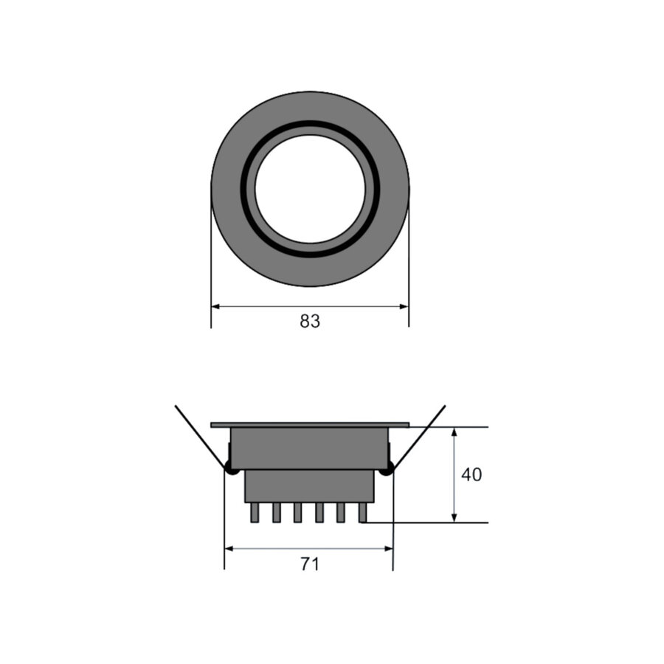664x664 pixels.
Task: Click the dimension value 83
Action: point(310,322)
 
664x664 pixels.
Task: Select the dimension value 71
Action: point(310,564)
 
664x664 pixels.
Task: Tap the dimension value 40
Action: point(471,475)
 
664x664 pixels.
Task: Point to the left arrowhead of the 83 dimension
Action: point(215,306)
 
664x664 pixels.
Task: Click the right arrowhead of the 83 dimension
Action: point(404,306)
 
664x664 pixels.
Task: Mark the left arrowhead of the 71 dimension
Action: point(229,549)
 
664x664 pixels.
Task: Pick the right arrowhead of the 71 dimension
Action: point(388,549)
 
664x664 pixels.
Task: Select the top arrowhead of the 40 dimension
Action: point(454,432)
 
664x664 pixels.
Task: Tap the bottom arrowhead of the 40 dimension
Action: point(454,518)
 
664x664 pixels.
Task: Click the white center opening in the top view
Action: point(310,189)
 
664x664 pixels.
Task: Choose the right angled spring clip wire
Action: point(421,435)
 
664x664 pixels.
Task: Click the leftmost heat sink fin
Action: point(255,513)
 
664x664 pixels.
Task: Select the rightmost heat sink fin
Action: point(362,513)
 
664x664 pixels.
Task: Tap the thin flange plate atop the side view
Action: point(310,425)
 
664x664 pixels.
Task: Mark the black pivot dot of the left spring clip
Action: point(231,468)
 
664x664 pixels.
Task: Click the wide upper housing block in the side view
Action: point(310,448)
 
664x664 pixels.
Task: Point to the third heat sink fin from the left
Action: point(297,513)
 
